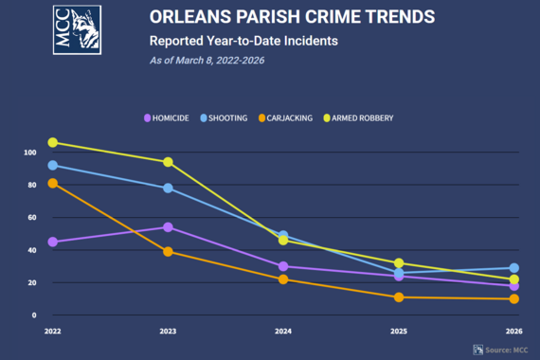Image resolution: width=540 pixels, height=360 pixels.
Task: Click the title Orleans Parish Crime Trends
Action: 279,17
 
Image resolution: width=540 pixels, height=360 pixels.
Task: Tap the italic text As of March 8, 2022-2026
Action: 207,60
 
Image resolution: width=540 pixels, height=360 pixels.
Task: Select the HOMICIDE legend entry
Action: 167,117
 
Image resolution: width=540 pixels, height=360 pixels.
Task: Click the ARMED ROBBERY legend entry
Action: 357,117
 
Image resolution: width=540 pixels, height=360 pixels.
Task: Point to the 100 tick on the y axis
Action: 29,152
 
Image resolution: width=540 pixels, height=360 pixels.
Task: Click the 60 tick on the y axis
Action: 30,217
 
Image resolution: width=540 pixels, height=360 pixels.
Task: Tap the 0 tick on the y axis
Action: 33,315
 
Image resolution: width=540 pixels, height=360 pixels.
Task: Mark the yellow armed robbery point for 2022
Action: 52,142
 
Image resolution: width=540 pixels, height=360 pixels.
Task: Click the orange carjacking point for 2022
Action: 52,183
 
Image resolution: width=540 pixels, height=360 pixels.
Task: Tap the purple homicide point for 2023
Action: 168,227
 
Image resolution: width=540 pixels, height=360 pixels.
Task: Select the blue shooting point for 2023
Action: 168,188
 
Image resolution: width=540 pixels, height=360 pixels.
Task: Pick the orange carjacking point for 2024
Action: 283,279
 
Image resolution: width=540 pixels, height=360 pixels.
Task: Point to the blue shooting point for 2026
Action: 514,268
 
